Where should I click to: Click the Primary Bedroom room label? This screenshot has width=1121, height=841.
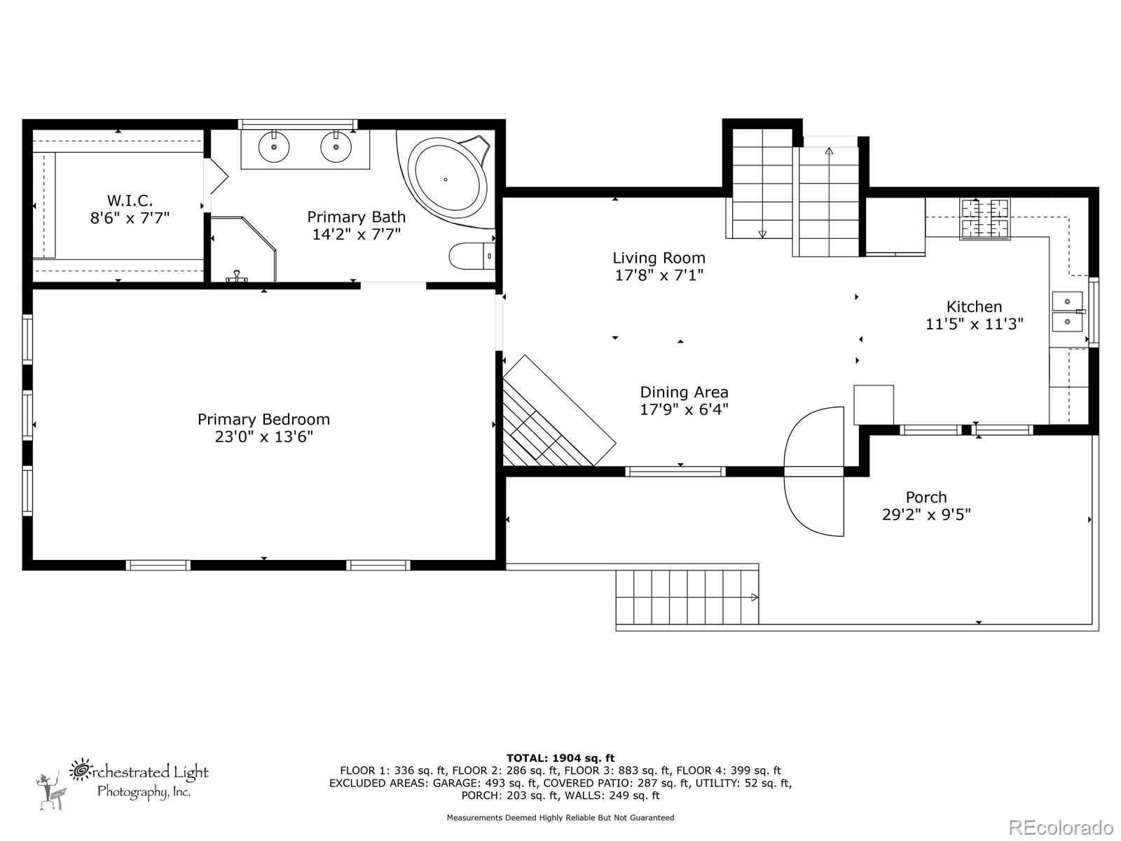(263, 419)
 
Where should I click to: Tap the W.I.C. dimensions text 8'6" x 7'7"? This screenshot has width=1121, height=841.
(130, 218)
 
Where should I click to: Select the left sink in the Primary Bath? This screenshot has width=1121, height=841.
(273, 147)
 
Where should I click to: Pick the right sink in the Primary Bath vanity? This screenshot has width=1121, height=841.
(336, 147)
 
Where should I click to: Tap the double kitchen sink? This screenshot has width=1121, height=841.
(1068, 311)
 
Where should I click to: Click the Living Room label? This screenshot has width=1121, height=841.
(659, 258)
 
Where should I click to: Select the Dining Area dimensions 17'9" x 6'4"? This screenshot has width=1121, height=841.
(684, 409)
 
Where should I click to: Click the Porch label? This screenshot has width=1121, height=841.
(926, 497)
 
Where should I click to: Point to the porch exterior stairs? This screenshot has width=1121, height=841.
(687, 597)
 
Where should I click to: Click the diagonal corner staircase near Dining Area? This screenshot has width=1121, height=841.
(553, 420)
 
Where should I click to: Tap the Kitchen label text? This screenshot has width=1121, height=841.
(974, 306)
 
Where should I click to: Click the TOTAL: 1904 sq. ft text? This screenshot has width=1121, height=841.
(560, 758)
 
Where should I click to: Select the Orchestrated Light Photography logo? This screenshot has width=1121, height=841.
(123, 782)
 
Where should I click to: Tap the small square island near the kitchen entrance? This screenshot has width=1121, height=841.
(874, 404)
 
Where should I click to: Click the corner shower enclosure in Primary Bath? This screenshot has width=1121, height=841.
(242, 249)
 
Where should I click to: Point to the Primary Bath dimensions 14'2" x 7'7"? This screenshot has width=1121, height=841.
(356, 234)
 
